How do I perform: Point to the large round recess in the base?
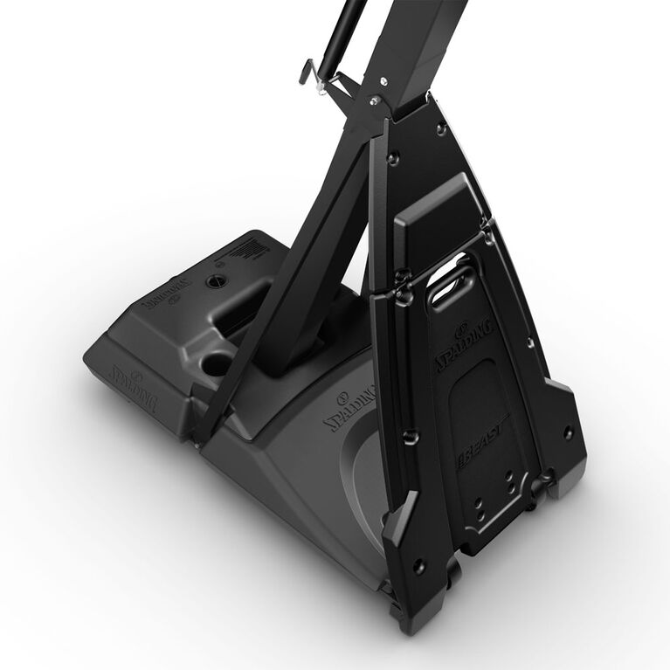click(x=218, y=363)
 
